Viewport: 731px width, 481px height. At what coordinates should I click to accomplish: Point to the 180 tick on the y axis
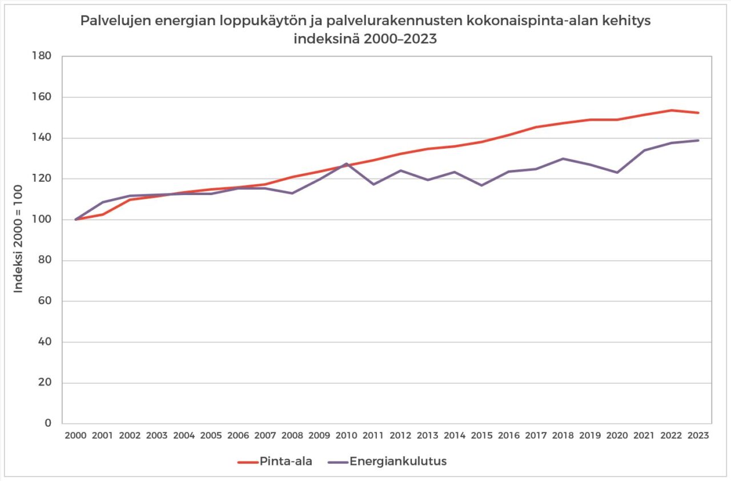coord(43,56)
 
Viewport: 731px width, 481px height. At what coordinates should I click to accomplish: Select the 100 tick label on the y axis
coord(43,220)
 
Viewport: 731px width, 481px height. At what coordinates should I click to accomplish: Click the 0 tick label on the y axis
coord(49,424)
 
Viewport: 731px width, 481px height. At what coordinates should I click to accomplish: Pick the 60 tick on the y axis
coord(45,301)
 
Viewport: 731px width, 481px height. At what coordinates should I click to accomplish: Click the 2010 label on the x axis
coord(346,436)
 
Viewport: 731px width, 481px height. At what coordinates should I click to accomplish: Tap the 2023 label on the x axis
coord(698,436)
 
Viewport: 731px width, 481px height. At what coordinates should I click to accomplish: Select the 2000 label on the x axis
coord(75,436)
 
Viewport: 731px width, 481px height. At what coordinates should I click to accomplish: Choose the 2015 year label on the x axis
coord(481,436)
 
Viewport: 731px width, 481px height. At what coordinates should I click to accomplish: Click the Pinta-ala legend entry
coord(275,462)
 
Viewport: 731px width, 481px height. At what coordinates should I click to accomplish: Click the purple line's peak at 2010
coord(346,164)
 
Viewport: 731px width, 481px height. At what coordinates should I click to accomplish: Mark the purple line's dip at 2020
coord(617,172)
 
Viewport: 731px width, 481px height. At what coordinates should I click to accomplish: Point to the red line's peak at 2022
coord(671,110)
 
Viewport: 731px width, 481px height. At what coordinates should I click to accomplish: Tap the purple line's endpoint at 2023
coord(698,140)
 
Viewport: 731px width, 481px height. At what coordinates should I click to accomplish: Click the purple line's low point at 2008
coord(292,193)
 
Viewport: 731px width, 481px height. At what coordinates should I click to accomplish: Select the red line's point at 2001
coord(103,214)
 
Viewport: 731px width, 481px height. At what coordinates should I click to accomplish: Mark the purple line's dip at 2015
coord(481,185)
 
